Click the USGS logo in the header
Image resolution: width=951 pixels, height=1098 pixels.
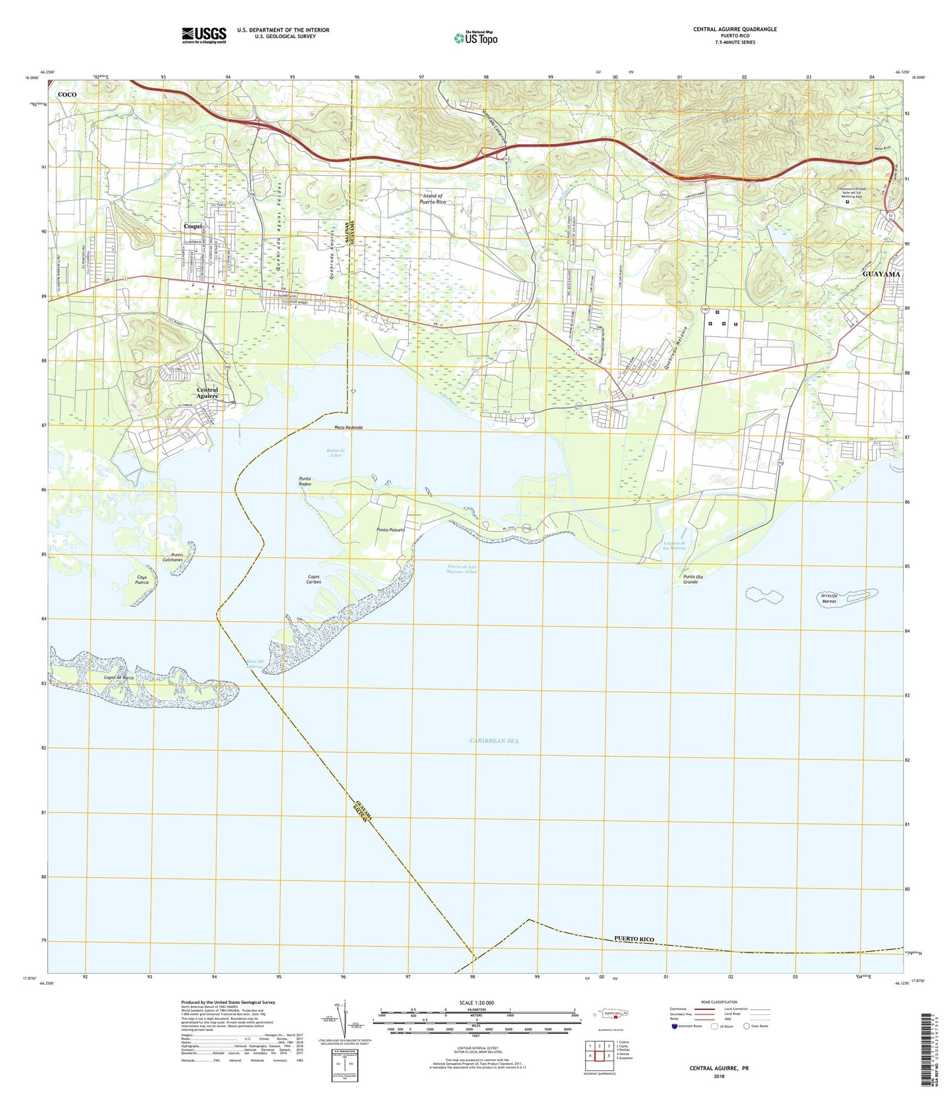[204, 34]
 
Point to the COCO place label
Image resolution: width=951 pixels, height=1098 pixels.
[67, 95]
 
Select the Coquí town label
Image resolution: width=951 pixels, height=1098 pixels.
[193, 226]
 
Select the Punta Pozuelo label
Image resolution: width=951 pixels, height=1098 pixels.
[390, 530]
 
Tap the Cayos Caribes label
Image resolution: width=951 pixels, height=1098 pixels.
[314, 580]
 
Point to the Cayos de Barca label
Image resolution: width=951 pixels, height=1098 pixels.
[119, 677]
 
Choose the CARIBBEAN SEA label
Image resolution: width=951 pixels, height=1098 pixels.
[494, 741]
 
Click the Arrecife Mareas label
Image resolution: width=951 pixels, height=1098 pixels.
[833, 598]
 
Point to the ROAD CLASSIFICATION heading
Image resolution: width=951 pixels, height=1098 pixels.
[719, 1002]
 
